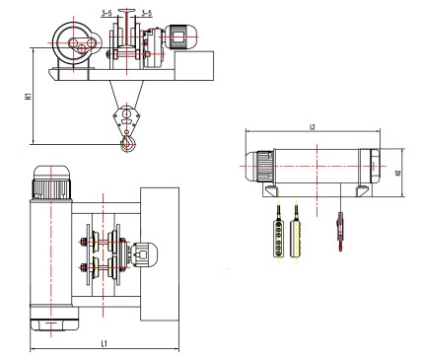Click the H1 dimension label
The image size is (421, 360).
30,96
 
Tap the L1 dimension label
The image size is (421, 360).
105,344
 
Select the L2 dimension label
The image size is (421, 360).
313,127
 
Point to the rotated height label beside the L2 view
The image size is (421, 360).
398,173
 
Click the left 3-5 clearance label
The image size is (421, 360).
106,13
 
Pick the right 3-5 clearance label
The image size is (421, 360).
147,13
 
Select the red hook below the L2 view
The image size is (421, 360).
340,232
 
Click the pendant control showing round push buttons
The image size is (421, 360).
278,239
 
